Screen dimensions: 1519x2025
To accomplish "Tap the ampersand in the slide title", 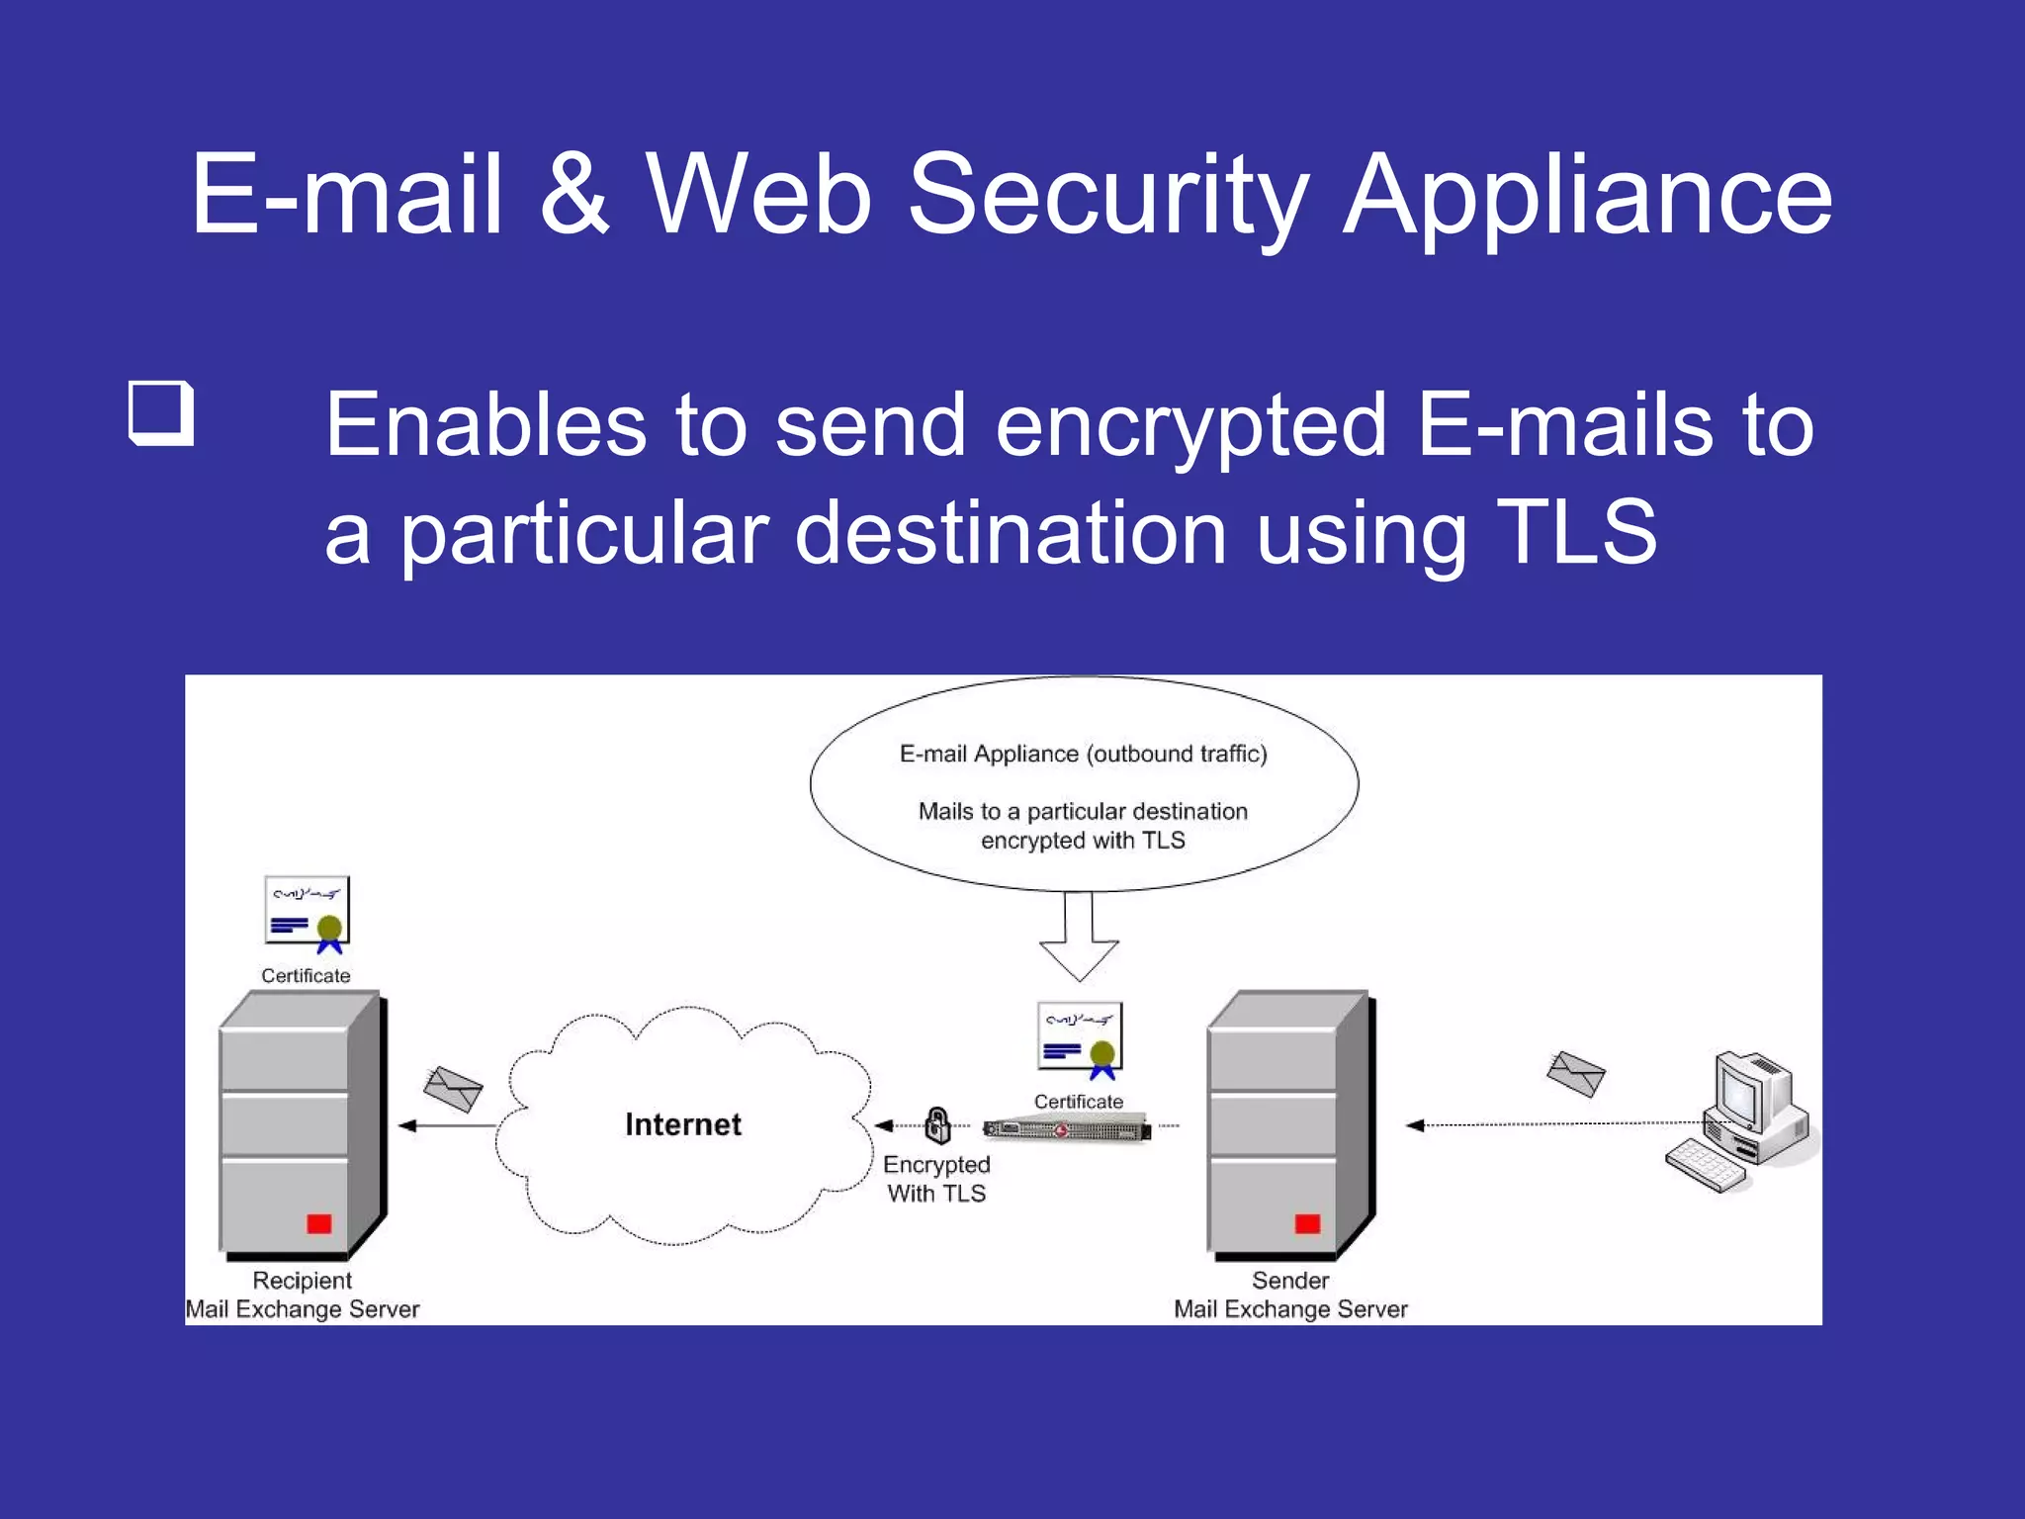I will pyautogui.click(x=573, y=195).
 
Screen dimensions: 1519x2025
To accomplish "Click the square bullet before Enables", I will pyautogui.click(x=160, y=412).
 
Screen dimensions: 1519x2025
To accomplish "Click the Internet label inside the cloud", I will pyautogui.click(x=682, y=1124).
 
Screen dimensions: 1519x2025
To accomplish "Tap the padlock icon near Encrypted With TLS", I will pyautogui.click(x=937, y=1124).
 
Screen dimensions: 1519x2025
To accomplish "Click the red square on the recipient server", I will pyautogui.click(x=318, y=1223).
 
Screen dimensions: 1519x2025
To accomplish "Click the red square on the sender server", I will pyautogui.click(x=1307, y=1223).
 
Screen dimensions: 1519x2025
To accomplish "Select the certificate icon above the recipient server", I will pyautogui.click(x=307, y=912).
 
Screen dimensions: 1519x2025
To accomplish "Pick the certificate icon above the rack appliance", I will pyautogui.click(x=1080, y=1038).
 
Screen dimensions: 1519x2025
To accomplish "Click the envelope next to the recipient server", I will pyautogui.click(x=453, y=1089).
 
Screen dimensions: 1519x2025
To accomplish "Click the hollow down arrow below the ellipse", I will pyautogui.click(x=1079, y=939).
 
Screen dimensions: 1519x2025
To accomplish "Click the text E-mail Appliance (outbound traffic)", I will pyautogui.click(x=1083, y=754).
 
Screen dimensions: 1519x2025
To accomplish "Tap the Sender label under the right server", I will pyautogui.click(x=1290, y=1281).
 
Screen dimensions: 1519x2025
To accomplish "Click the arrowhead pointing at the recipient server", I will pyautogui.click(x=407, y=1125).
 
